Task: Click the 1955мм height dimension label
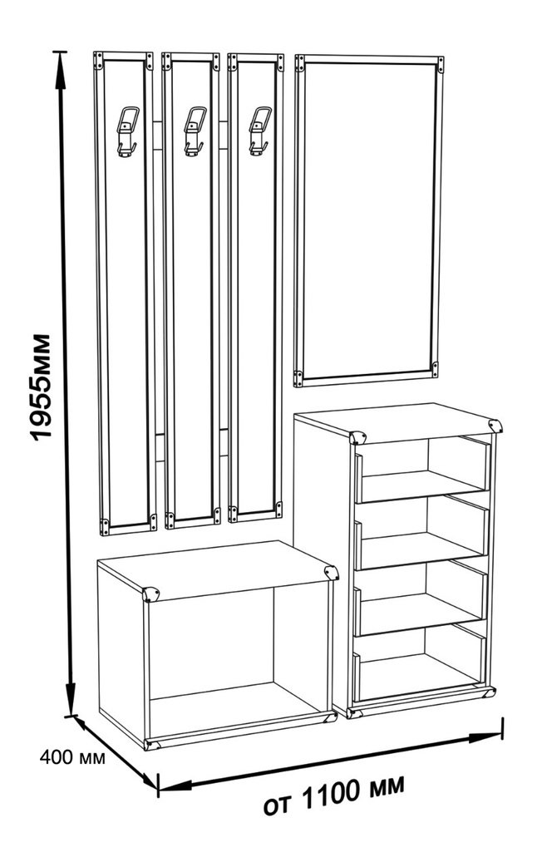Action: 41,387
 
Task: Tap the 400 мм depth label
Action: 71,757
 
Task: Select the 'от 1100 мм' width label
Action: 333,795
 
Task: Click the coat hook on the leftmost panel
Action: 126,131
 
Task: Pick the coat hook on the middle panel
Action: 195,131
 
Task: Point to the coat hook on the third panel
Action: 260,131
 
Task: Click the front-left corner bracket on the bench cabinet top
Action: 150,594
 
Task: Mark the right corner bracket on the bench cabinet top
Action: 332,573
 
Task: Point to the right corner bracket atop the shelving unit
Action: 495,426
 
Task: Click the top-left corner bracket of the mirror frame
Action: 299,63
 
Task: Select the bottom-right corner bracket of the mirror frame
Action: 435,369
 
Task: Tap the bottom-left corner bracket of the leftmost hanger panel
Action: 103,526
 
